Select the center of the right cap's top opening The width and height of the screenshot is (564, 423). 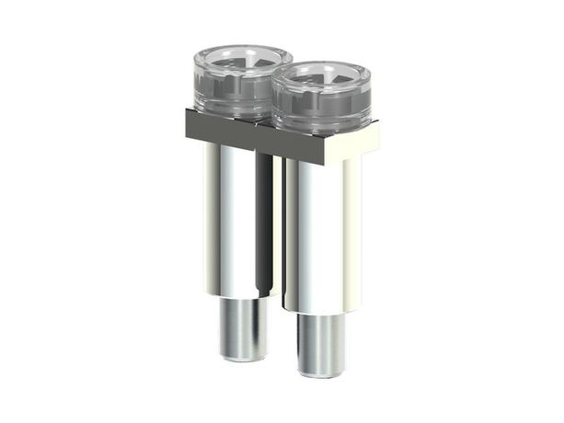coord(321,75)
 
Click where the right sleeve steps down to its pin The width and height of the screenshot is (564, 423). coord(321,313)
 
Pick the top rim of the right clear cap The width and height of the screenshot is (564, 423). coord(321,64)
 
